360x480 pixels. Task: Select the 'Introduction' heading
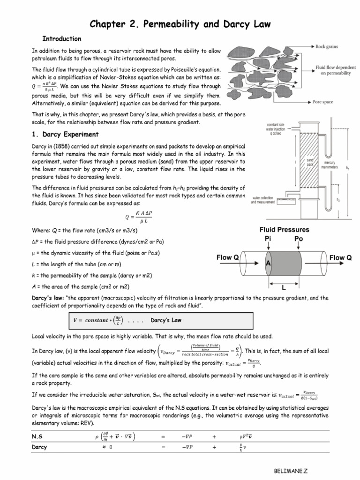(x=62, y=38)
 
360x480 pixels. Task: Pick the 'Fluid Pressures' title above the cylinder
(x=285, y=230)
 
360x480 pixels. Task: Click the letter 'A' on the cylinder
(x=269, y=264)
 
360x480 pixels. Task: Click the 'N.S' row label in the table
(x=37, y=436)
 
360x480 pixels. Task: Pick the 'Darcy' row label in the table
(x=39, y=448)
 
